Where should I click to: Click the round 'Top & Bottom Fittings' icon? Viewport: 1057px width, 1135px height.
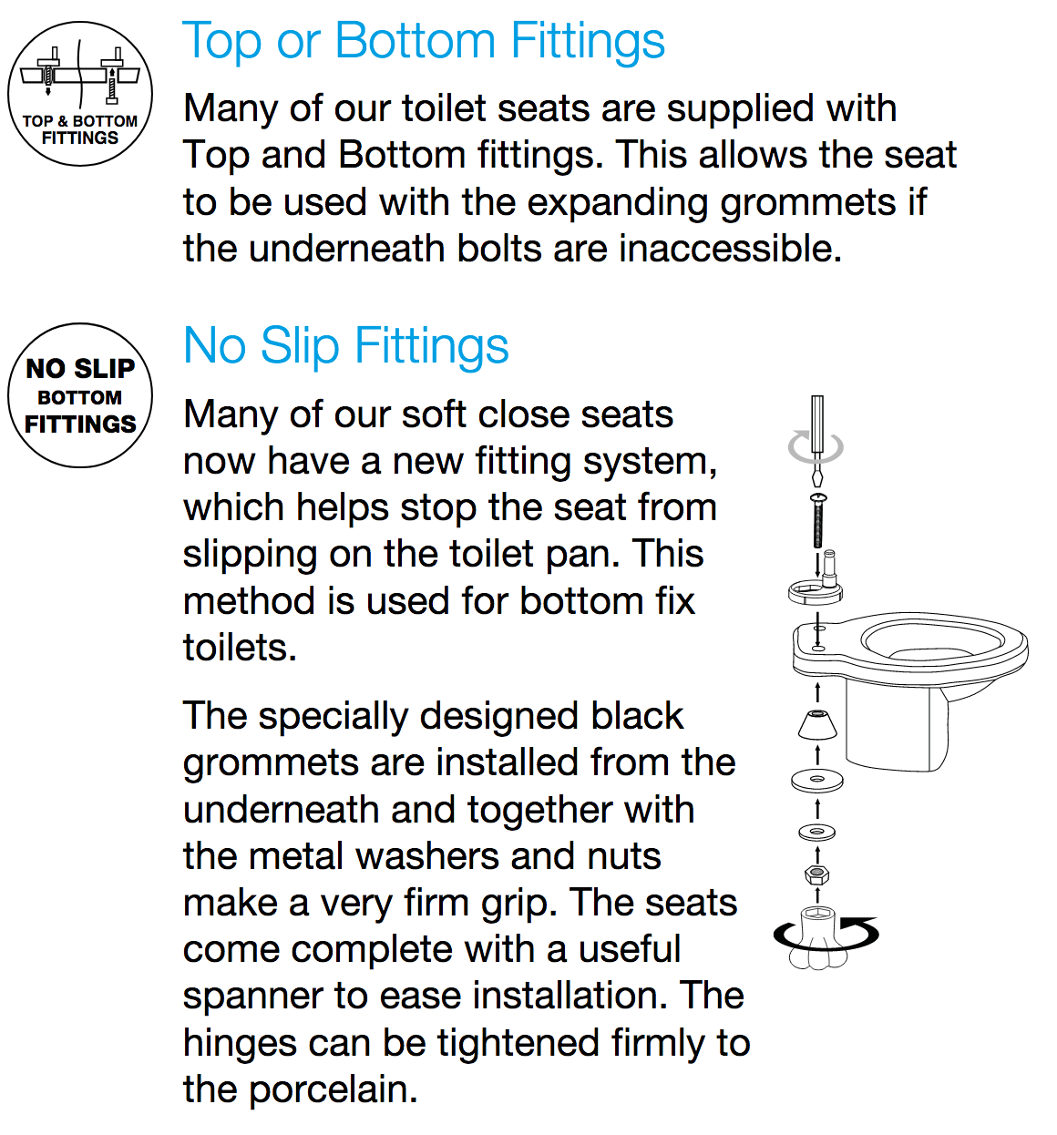80,94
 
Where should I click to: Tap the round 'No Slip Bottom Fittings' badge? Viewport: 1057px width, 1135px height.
80,396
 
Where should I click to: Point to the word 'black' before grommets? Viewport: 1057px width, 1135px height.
637,716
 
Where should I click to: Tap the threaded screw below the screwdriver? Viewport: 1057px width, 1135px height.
818,524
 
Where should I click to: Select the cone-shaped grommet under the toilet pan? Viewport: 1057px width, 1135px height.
817,725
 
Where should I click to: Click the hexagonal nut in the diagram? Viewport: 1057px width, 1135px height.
817,875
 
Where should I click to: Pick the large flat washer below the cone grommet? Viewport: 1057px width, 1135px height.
817,780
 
